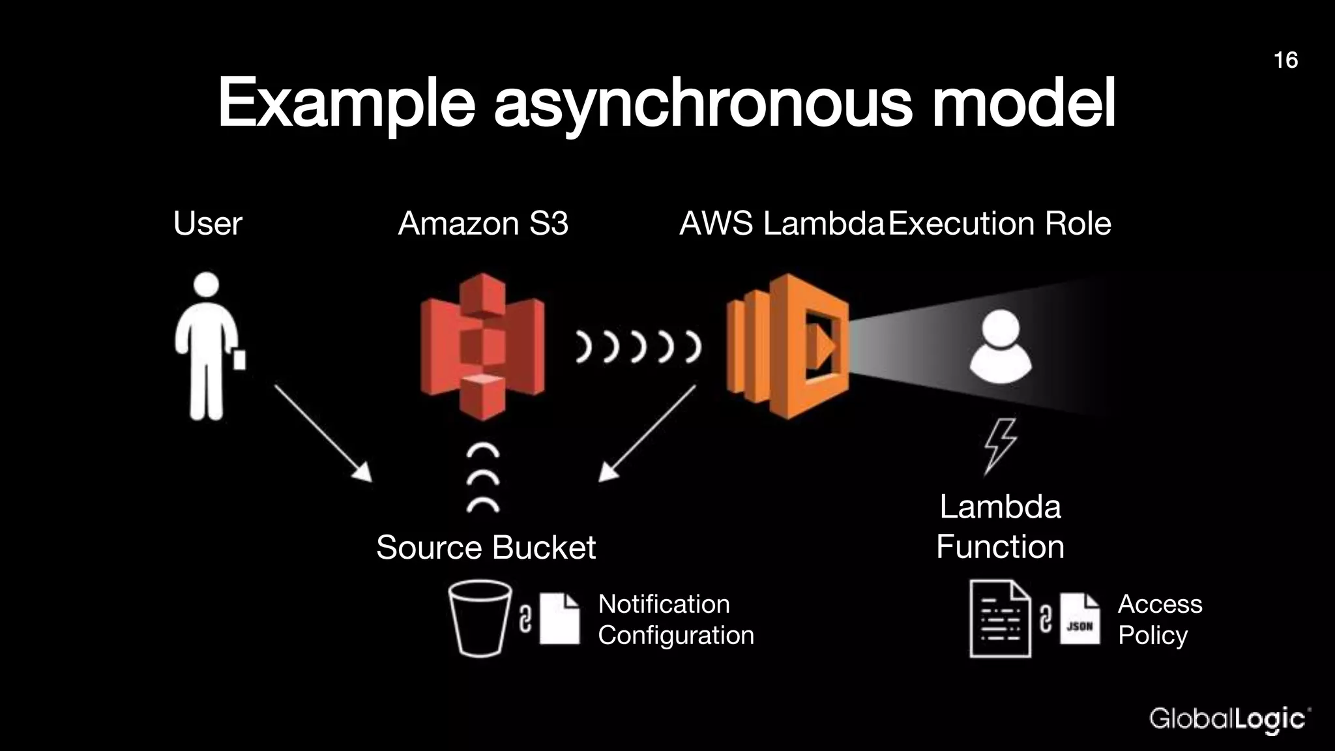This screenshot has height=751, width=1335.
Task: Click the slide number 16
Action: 1285,60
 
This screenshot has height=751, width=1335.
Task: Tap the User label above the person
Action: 207,224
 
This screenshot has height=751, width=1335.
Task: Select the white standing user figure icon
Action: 207,346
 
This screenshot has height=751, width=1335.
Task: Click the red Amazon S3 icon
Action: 482,346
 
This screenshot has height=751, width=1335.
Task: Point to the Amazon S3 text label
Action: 483,224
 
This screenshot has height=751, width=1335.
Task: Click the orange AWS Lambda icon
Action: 787,346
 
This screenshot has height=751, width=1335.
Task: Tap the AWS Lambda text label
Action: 782,224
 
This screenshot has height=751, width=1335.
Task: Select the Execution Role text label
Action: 1000,224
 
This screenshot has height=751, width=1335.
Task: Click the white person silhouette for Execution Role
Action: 1000,346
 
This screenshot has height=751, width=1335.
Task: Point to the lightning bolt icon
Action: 999,446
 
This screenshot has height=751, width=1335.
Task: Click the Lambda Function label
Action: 1000,527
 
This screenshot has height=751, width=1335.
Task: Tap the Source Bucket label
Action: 486,547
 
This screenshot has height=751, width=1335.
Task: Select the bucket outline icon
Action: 480,618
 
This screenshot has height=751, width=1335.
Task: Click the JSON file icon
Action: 1079,619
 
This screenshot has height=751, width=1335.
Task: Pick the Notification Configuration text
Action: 675,619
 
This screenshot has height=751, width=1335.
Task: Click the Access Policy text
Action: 1159,619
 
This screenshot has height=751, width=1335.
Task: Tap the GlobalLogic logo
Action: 1229,719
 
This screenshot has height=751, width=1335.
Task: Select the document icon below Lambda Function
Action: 1000,619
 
